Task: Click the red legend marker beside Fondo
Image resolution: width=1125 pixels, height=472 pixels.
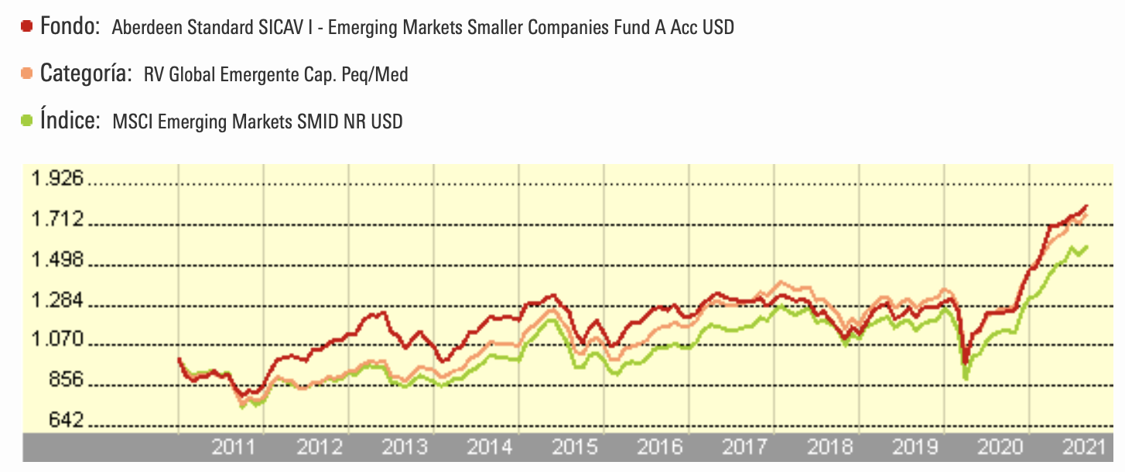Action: pyautogui.click(x=27, y=26)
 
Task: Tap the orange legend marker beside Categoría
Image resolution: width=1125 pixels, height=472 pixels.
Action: pyautogui.click(x=27, y=74)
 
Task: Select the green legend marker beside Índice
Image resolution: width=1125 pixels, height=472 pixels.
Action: pyautogui.click(x=27, y=121)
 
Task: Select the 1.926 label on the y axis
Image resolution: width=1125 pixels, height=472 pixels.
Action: pyautogui.click(x=56, y=180)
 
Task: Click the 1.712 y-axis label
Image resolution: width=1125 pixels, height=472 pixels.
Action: pyautogui.click(x=56, y=220)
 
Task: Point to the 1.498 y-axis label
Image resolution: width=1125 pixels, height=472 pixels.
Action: pyautogui.click(x=56, y=260)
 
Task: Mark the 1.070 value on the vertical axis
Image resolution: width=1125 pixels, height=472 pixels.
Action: pyautogui.click(x=56, y=340)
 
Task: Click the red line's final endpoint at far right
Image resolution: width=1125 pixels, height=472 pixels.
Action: pyautogui.click(x=1087, y=206)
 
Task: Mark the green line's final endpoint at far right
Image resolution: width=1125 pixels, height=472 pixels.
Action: pyautogui.click(x=1087, y=247)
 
